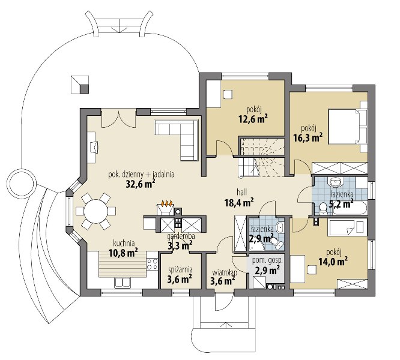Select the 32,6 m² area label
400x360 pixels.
[x=141, y=184]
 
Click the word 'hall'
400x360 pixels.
[x=241, y=192]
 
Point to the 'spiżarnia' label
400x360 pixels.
[x=180, y=269]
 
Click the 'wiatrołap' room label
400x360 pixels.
[x=224, y=273]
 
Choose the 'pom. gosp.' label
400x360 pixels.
[x=267, y=260]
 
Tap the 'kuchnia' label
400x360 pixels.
[x=124, y=243]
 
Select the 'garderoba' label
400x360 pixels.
[x=181, y=236]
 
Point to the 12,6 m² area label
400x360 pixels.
[x=253, y=118]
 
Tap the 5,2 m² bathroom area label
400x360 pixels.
[x=341, y=204]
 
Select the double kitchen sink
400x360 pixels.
[x=123, y=282]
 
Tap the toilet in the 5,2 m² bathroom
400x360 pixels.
[x=323, y=207]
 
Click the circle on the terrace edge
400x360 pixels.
[x=22, y=182]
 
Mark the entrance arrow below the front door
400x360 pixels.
[x=225, y=326]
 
